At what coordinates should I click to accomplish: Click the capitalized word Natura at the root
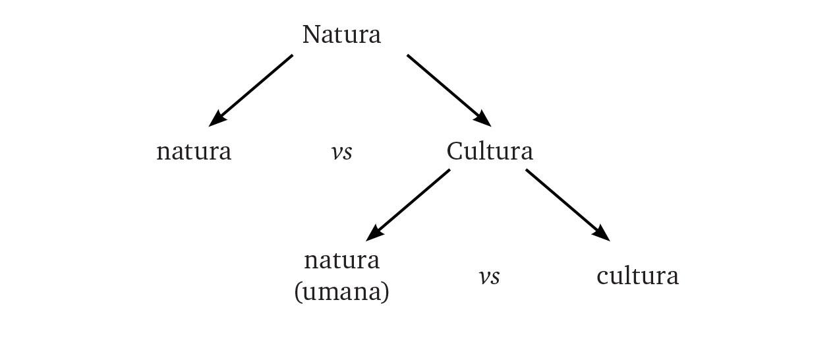(341, 35)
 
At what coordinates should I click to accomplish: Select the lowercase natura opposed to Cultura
(194, 152)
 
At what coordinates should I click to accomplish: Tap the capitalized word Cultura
(490, 152)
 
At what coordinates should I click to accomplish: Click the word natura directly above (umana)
(341, 261)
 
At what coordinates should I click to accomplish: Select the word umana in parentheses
(342, 291)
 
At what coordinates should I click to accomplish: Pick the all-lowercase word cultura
(637, 276)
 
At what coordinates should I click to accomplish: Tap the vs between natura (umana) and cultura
(489, 277)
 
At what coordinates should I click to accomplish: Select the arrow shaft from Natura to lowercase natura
(257, 86)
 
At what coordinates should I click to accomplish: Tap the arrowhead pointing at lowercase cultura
(602, 233)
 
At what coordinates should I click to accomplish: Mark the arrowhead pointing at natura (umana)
(374, 233)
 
